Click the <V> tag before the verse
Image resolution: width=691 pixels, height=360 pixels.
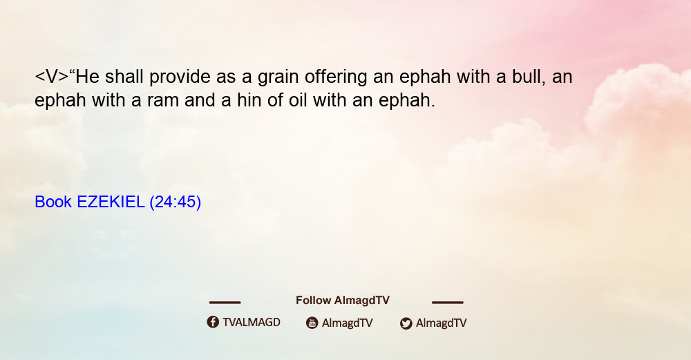pos(52,77)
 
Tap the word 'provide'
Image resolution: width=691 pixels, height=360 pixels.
pos(180,78)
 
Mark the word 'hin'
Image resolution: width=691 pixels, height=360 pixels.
pos(249,100)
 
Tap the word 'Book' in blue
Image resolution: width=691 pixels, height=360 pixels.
pos(53,202)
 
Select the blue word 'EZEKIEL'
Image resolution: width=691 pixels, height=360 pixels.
pos(111,202)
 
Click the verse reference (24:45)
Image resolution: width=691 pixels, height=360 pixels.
pos(176,202)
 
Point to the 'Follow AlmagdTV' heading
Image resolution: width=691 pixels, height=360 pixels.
pos(343,301)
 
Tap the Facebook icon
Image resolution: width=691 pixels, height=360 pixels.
pos(213,322)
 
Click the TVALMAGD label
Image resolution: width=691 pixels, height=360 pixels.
pos(252,322)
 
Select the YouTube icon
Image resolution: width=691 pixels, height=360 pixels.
pos(312,323)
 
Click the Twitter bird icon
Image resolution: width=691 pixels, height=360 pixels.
pos(406,323)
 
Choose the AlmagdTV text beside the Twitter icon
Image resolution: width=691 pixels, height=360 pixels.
pos(441,323)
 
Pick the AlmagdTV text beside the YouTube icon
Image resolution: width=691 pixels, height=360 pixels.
pos(348,323)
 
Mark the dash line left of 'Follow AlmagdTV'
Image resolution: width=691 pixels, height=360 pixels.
pos(225,303)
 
